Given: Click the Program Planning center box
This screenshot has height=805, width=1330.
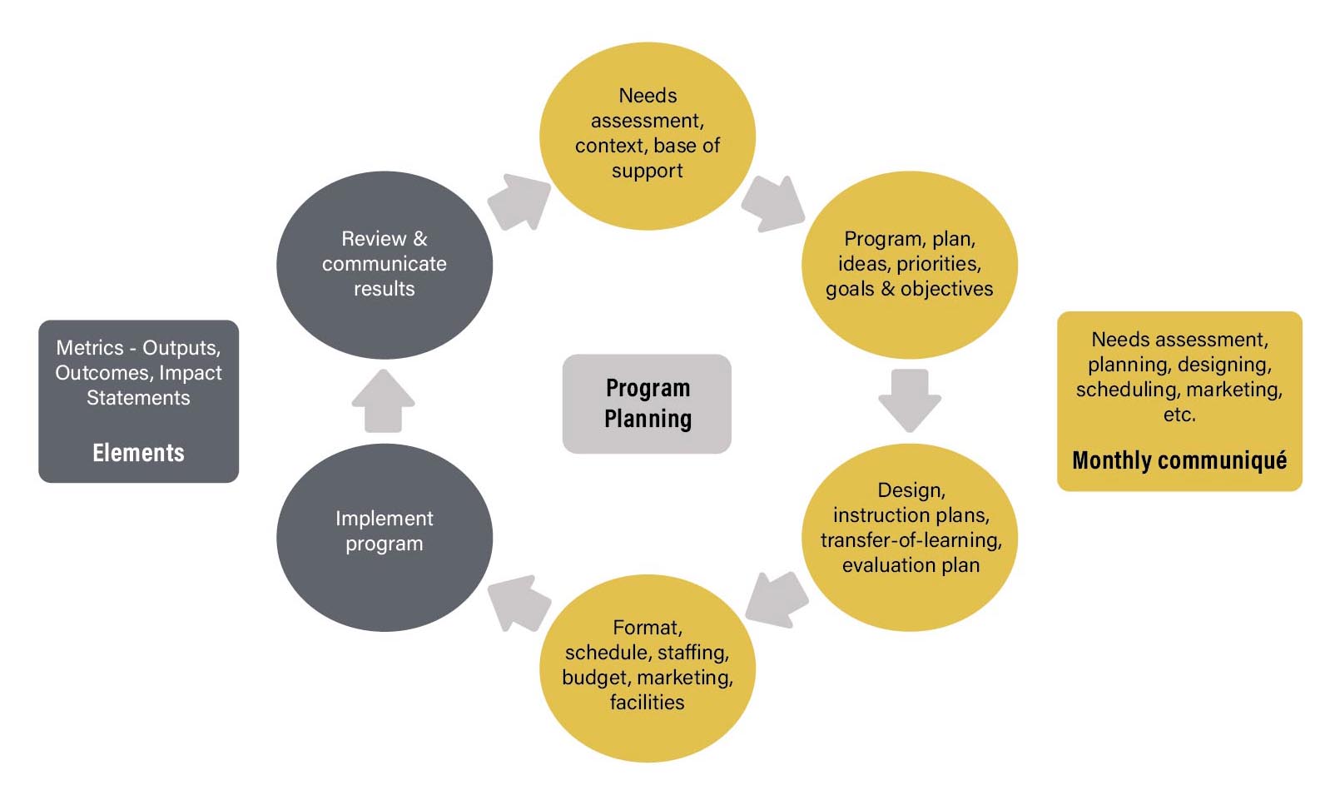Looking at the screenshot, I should coord(647,404).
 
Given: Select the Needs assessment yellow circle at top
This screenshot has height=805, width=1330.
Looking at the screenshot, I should coord(647,136).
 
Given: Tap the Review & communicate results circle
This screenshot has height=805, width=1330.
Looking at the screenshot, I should coord(384,265).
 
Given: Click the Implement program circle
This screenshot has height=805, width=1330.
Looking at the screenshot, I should coord(384,537).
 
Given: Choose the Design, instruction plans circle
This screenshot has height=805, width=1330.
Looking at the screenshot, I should coord(910,537).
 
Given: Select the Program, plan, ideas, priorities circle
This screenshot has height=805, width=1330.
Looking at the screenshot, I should coord(910,265).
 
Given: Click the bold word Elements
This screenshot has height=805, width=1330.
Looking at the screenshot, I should coord(138,453).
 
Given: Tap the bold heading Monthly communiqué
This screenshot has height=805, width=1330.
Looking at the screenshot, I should coord(1179,460).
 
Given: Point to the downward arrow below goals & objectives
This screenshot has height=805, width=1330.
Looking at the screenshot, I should coord(910,400).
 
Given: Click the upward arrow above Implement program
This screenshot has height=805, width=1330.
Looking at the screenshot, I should coord(384,400).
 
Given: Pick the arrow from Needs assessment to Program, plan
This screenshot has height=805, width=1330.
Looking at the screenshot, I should coord(773,202).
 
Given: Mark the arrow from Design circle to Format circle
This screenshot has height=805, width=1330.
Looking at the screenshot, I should coord(777,599).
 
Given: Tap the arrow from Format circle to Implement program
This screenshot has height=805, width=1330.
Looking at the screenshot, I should coord(519,602).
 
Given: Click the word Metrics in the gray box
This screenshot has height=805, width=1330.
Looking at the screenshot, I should coord(90,348).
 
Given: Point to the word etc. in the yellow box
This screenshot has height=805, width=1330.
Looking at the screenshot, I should coord(1179,415).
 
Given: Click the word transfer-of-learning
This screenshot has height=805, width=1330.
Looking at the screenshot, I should coord(911,540).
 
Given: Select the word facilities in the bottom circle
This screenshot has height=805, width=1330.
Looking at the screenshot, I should coord(647,703).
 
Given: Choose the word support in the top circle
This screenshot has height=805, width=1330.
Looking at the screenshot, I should coord(647,171).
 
